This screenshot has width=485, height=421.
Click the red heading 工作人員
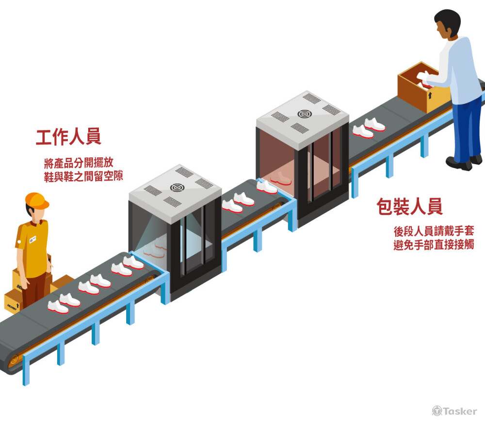[x=68, y=137]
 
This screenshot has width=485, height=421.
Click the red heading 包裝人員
[x=409, y=207]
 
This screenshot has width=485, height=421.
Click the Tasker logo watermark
[x=454, y=411]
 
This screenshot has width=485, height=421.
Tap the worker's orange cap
[x=36, y=200]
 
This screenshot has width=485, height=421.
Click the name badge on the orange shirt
[x=32, y=239]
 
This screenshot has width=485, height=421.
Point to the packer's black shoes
[x=463, y=162]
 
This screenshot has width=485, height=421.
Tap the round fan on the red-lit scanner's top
[x=304, y=114]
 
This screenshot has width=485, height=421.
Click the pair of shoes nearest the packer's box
[x=369, y=127]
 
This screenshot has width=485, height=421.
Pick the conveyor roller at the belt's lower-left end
[x=14, y=360]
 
